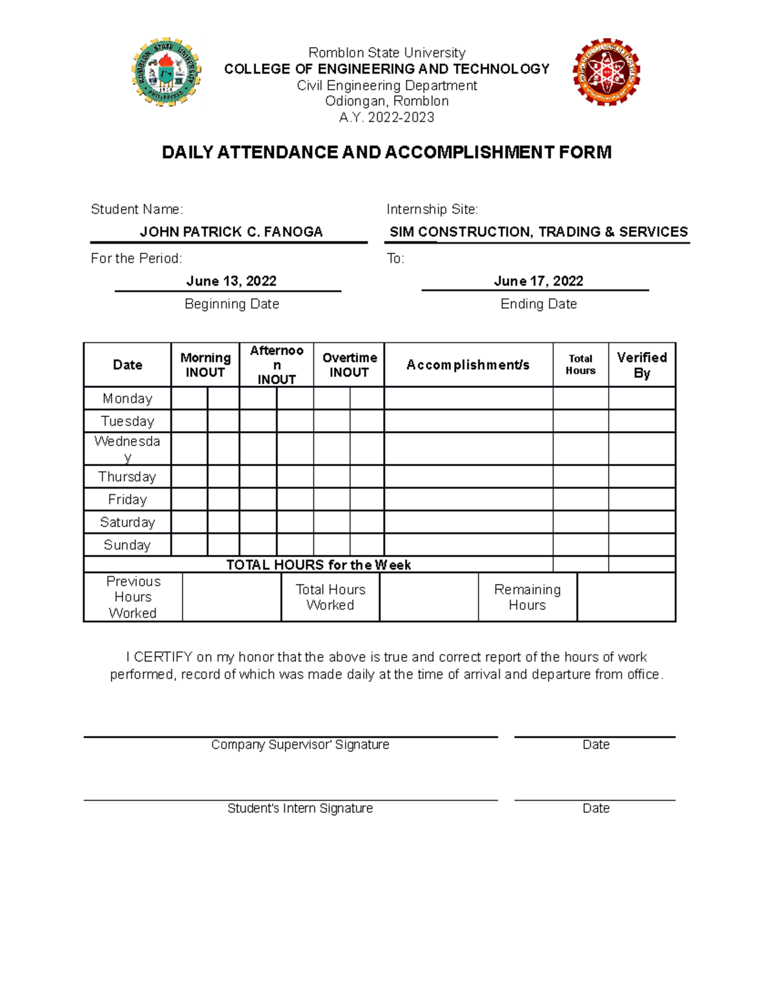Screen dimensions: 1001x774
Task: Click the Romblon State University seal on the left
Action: click(x=166, y=72)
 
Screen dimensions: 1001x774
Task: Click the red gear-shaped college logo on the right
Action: click(x=606, y=72)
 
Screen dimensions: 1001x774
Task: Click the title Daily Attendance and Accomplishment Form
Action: click(x=386, y=152)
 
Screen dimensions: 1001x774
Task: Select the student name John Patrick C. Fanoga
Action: click(x=231, y=232)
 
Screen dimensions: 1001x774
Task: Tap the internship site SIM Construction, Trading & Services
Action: click(x=539, y=232)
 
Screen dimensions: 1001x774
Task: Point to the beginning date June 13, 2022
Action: click(x=231, y=281)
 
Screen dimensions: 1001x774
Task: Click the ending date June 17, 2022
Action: click(x=538, y=281)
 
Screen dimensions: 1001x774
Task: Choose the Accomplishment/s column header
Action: click(x=468, y=365)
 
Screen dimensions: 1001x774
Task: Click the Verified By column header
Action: click(x=641, y=365)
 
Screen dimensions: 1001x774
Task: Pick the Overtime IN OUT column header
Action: click(x=349, y=365)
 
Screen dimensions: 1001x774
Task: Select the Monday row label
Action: click(x=127, y=398)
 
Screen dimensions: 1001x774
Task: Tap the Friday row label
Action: click(x=127, y=500)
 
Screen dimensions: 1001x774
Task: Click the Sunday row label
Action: click(x=127, y=545)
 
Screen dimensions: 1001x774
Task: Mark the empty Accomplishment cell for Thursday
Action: click(x=468, y=476)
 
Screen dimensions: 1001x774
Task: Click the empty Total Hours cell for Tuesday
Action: click(x=580, y=421)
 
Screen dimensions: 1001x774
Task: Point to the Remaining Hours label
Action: click(x=527, y=597)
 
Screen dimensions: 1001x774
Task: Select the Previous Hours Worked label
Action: click(x=133, y=597)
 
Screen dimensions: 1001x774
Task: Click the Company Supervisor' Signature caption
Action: click(x=300, y=744)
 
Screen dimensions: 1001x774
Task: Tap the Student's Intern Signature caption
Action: click(x=300, y=808)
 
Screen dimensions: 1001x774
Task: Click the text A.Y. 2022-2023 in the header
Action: click(x=386, y=117)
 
